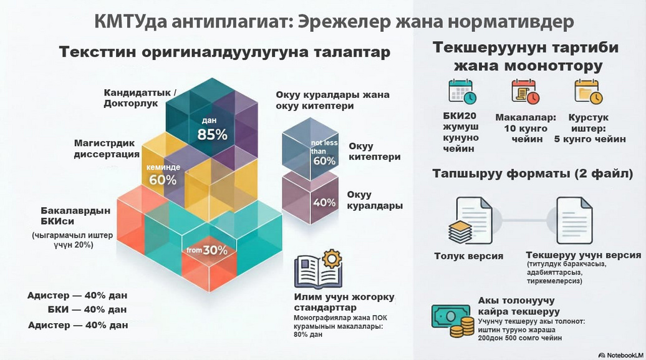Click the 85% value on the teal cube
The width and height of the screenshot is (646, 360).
pos(212,134)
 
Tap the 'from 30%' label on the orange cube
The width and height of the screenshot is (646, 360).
pos(207,250)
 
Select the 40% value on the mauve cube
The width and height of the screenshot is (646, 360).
pos(324,203)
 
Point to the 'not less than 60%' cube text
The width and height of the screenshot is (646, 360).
pos(324,152)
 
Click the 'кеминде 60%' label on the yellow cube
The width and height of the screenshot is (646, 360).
pos(163,175)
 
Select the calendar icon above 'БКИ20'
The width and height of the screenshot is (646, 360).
pos(462,91)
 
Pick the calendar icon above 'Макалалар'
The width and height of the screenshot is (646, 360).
pos(525,91)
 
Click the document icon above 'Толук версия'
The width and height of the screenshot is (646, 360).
pos(470,221)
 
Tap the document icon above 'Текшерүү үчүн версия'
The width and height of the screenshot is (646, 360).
pos(574,221)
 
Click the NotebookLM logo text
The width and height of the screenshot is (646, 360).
pos(620,355)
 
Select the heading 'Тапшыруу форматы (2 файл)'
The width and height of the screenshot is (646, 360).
pos(533,173)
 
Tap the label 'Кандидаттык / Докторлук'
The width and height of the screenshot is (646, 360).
pos(140,98)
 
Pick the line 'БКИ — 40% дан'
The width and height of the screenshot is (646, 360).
pos(87,309)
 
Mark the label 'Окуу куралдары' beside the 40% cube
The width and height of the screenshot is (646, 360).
pos(375,200)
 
